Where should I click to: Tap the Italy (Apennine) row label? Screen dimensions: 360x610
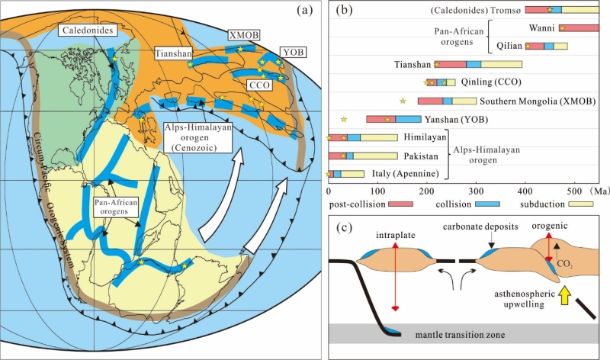(406, 174)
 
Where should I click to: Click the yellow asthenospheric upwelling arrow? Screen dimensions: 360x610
(566, 295)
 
